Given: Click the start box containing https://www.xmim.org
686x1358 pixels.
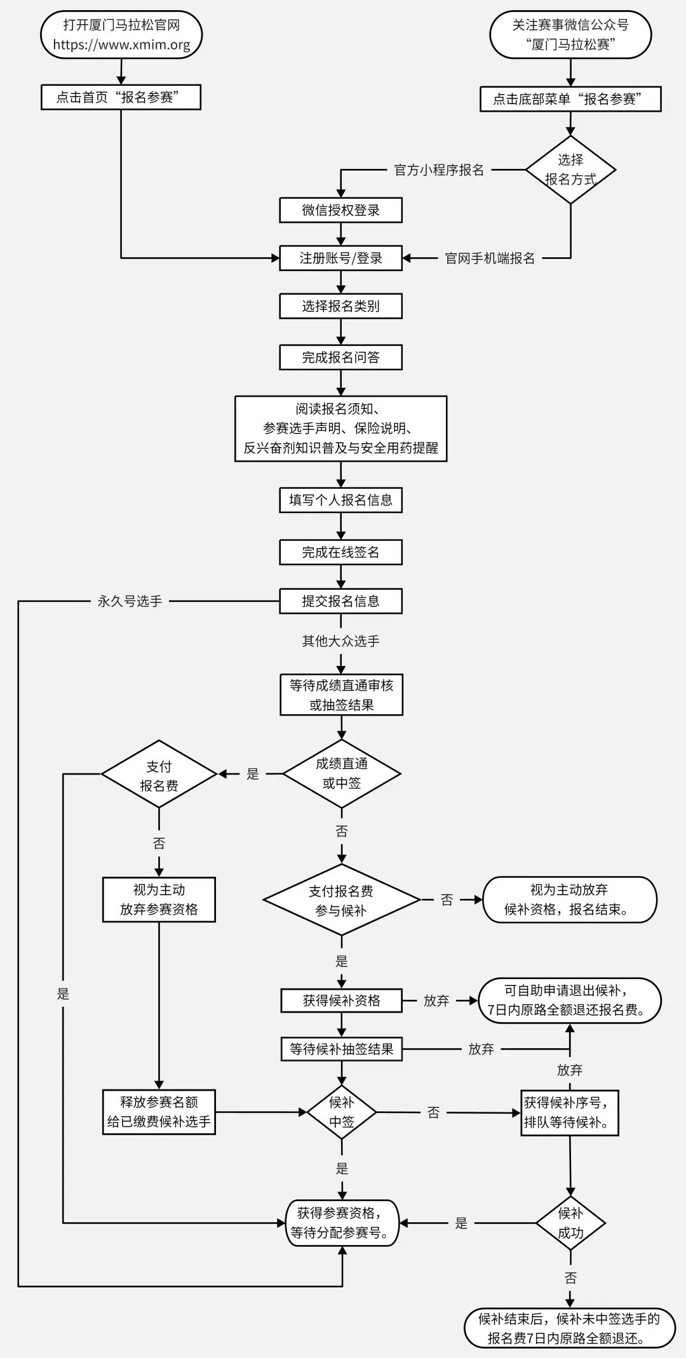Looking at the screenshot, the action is [x=121, y=35].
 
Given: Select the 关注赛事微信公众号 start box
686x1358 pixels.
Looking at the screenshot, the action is [x=570, y=35].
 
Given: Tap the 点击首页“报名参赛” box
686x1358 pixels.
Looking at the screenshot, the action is [x=121, y=97].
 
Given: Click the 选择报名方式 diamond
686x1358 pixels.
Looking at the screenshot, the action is [x=570, y=170].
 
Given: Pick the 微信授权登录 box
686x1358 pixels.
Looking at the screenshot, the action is [x=341, y=210].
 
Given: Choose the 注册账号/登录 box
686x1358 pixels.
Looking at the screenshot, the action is [x=341, y=258].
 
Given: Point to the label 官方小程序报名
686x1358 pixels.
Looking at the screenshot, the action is [x=439, y=170].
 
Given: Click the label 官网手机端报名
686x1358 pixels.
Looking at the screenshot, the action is [x=490, y=258].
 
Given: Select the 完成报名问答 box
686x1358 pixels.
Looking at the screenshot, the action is [x=341, y=357].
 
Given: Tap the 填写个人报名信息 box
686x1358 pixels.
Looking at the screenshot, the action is [x=341, y=500].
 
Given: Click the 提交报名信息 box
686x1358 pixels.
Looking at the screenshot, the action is [x=341, y=601].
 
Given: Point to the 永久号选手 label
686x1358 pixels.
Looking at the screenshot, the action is [x=130, y=601].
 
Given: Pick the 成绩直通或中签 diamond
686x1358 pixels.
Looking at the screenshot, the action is [x=342, y=774].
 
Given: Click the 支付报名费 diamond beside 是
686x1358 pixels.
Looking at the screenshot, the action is [x=159, y=774].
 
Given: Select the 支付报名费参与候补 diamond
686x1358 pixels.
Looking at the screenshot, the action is [x=342, y=900].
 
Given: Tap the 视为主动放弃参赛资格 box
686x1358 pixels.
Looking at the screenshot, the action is [x=159, y=900].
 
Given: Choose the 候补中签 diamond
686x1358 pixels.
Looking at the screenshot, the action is [x=342, y=1112].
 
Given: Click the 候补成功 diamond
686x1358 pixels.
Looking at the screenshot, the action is [x=570, y=1223].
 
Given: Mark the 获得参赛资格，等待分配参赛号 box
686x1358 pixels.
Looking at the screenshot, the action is [x=342, y=1223].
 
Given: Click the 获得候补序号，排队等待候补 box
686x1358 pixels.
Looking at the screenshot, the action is [x=570, y=1113].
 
